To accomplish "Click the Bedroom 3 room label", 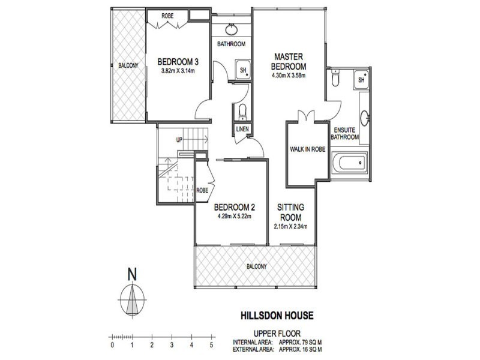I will click(178, 61).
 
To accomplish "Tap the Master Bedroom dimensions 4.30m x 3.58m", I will click(288, 76).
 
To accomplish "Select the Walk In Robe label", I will click(307, 149).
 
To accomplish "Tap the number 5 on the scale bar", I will click(212, 346).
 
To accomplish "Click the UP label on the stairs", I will click(179, 140).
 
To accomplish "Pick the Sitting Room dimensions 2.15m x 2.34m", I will click(289, 227).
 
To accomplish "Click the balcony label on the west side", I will click(128, 65).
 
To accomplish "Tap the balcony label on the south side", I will click(256, 266).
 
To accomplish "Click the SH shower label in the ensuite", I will click(361, 79).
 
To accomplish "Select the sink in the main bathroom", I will click(231, 29).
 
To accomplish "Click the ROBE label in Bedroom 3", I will click(167, 16).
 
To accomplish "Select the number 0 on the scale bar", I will click(112, 346).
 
